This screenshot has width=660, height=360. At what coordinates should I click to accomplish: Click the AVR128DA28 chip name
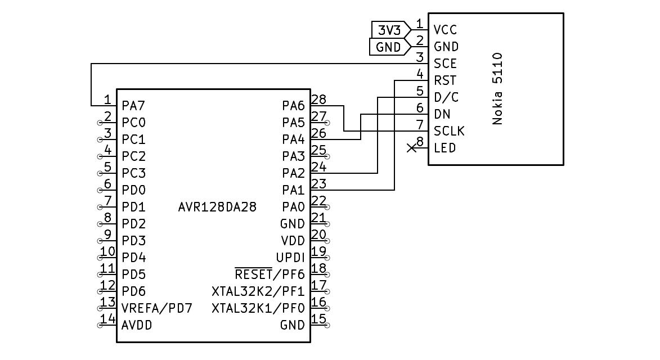point(217,207)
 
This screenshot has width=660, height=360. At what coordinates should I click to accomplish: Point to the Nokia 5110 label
point(497,88)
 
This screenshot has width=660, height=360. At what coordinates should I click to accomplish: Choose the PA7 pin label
point(134,105)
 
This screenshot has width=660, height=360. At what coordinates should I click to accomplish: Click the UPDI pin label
point(290,258)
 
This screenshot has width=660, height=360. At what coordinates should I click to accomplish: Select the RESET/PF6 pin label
point(270,274)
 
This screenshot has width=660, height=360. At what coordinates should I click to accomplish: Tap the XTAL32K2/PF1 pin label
point(258,291)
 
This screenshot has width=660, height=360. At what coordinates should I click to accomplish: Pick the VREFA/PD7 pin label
point(157,308)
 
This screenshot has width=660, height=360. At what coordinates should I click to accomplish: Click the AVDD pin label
point(137,325)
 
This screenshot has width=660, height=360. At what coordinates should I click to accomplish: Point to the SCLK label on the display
point(449,131)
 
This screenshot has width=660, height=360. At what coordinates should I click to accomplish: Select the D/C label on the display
point(446,97)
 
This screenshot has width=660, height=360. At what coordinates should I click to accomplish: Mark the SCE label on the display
point(445,64)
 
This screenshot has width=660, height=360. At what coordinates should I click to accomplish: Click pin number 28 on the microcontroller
point(318,100)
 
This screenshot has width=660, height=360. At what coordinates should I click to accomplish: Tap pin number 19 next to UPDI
point(318,251)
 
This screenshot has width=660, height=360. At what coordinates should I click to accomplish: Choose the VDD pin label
point(293,241)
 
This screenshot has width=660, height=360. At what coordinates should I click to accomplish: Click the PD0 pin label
point(134,190)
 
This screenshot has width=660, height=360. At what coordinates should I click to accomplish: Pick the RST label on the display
point(445,80)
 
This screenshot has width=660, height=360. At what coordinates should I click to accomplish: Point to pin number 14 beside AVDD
point(107,319)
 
